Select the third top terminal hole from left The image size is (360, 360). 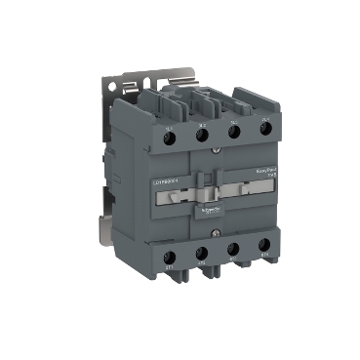tap(234, 132)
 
